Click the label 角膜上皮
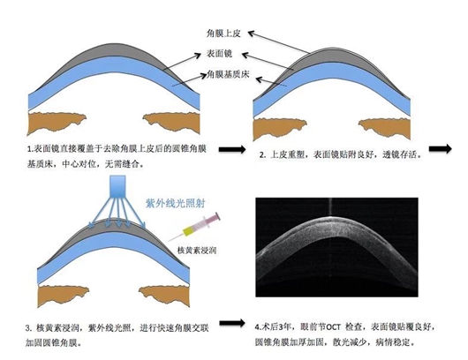[x=223, y=34]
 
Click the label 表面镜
[x=219, y=54]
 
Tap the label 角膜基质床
[x=228, y=74]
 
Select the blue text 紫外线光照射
[x=175, y=204]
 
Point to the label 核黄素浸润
[x=196, y=250]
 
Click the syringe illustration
[x=194, y=227]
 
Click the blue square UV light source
[x=118, y=186]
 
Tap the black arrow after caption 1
[x=232, y=149]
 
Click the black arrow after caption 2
[x=441, y=148]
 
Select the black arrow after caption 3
[x=232, y=323]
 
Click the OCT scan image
[x=336, y=247]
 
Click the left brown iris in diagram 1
[x=57, y=123]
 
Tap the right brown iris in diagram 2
[x=384, y=129]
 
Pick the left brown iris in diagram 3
[x=64, y=296]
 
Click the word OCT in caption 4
[x=333, y=327]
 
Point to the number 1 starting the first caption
[x=29, y=149]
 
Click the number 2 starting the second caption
[x=261, y=155]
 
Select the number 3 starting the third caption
[x=28, y=329]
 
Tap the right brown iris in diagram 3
[x=164, y=296]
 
